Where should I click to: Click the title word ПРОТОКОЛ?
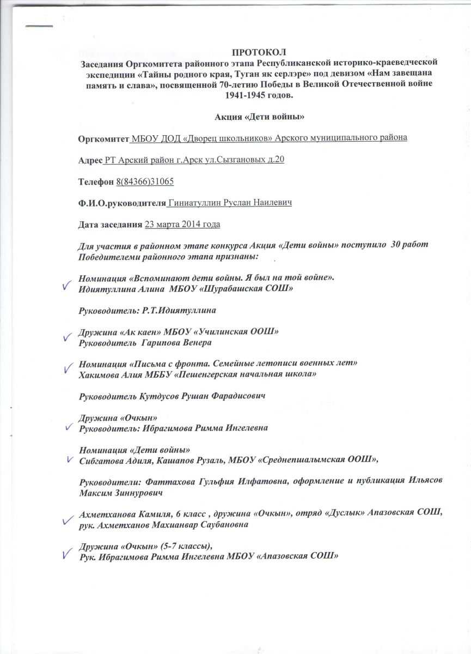(x=259, y=52)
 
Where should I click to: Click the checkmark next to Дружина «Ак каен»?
(x=68, y=337)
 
